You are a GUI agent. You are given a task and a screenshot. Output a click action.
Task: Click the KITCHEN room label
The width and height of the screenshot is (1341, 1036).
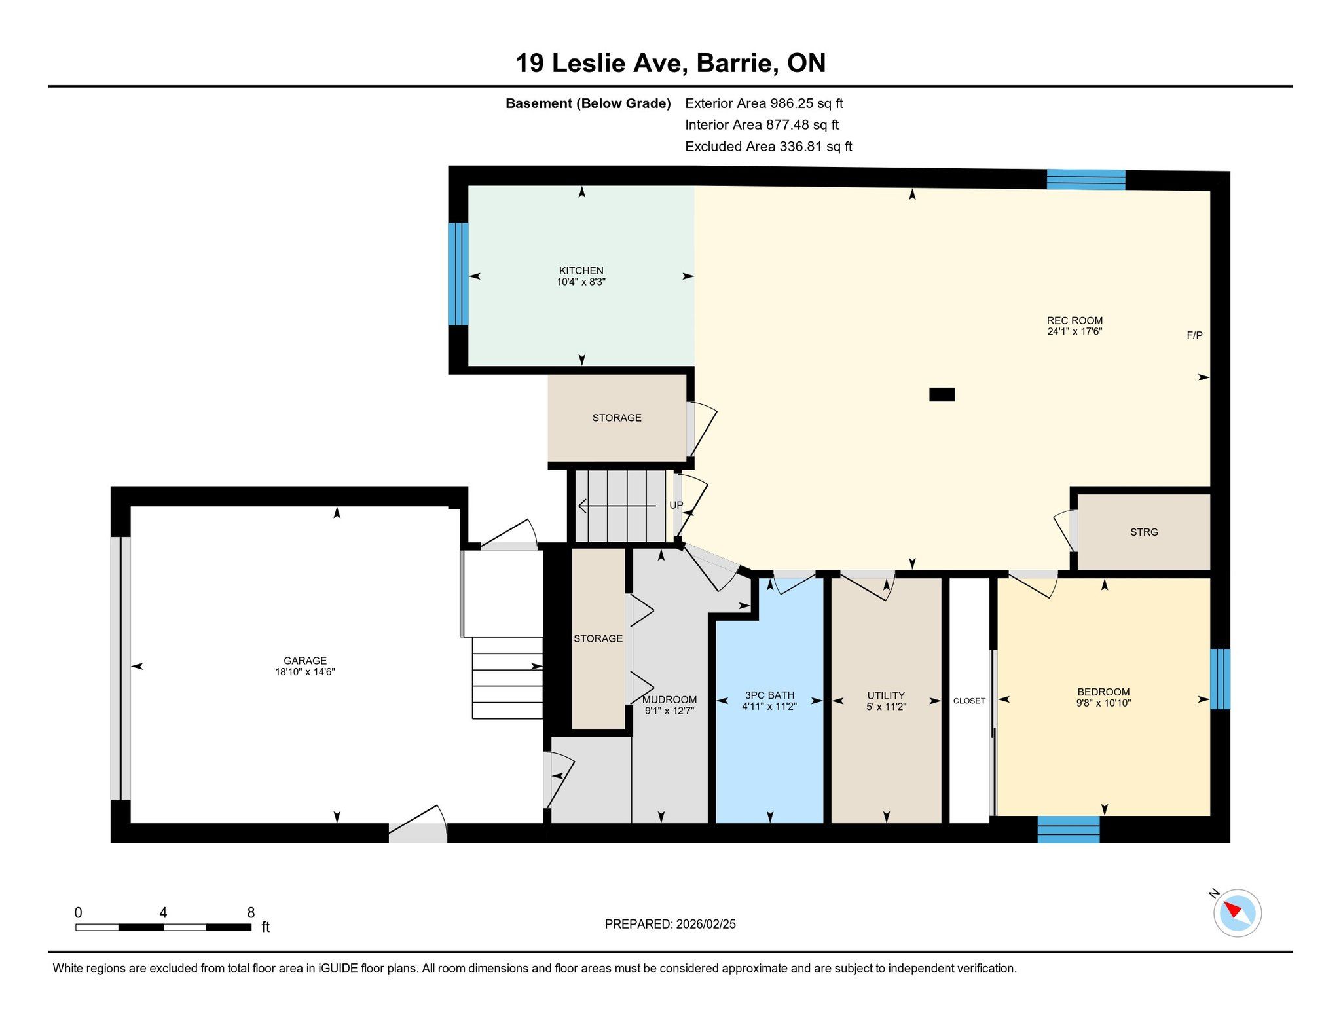[581, 270]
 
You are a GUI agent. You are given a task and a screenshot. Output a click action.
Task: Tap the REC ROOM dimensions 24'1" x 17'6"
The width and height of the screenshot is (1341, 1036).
[1075, 331]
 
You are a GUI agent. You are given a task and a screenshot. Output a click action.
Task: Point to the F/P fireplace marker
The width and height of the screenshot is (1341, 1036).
[1194, 335]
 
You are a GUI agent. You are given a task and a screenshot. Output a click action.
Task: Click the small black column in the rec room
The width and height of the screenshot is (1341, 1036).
[942, 394]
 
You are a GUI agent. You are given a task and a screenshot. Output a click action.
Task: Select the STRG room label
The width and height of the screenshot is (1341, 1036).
[1144, 532]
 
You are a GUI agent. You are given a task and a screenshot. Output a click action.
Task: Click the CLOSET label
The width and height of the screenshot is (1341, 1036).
[969, 701]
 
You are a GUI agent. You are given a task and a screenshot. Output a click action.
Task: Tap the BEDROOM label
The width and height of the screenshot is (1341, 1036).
[1103, 692]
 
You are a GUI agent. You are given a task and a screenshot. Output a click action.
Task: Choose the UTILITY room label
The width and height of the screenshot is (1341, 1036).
[886, 695]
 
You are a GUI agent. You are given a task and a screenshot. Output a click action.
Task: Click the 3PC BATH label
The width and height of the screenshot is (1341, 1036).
[769, 695]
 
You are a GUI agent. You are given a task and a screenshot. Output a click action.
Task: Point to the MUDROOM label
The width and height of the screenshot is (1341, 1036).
[669, 699]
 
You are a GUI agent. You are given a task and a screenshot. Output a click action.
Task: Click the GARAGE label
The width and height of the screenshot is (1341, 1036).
[305, 661]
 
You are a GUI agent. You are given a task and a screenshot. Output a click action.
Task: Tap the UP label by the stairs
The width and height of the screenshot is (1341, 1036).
[676, 505]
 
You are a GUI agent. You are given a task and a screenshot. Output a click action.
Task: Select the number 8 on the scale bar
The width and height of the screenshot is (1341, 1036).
[251, 912]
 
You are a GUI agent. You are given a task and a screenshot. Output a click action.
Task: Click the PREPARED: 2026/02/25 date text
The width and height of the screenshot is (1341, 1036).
[670, 924]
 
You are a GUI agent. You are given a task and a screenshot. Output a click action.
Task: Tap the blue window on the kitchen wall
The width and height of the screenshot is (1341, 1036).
[458, 274]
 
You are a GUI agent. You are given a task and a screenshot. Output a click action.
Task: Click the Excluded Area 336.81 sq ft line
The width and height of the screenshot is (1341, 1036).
[768, 147]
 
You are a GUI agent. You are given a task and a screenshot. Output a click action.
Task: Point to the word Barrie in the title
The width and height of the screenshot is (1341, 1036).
[737, 63]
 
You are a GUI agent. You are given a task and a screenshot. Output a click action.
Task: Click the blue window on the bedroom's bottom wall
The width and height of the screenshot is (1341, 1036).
[1069, 830]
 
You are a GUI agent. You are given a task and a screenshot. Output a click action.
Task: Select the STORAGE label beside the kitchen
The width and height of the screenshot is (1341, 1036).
[617, 418]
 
